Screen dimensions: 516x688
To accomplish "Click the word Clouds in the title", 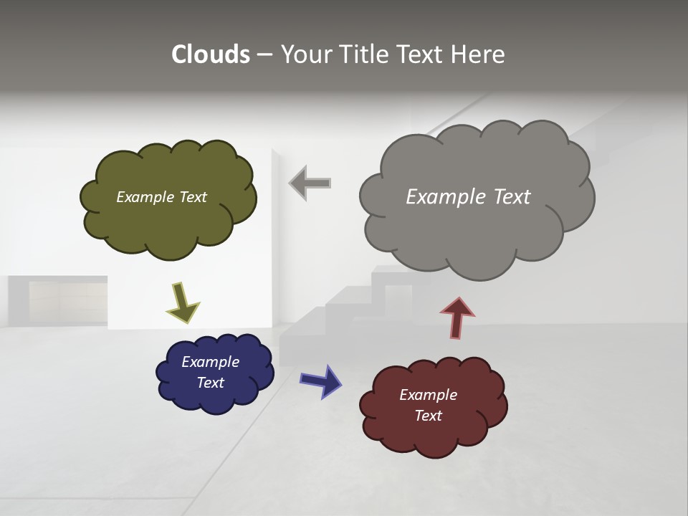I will coord(210,54).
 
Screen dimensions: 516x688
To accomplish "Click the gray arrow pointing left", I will coord(310,183).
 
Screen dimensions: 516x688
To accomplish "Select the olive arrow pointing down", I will coord(182,302).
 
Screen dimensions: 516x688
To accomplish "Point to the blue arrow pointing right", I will coord(321,380).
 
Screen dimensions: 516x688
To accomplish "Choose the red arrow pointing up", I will coord(457,317).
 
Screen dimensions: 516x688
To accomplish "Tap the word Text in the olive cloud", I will coord(193,197).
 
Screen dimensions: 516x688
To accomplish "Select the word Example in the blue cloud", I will coord(210,362).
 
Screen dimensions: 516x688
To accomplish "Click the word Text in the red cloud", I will coord(428,416).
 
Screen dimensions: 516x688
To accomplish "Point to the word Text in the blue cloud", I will coord(210,383).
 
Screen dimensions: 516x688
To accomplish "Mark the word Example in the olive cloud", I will coord(145,197).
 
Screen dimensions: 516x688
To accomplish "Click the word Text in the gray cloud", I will coord(512,197).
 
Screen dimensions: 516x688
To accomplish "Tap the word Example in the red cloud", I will coord(428,395).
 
